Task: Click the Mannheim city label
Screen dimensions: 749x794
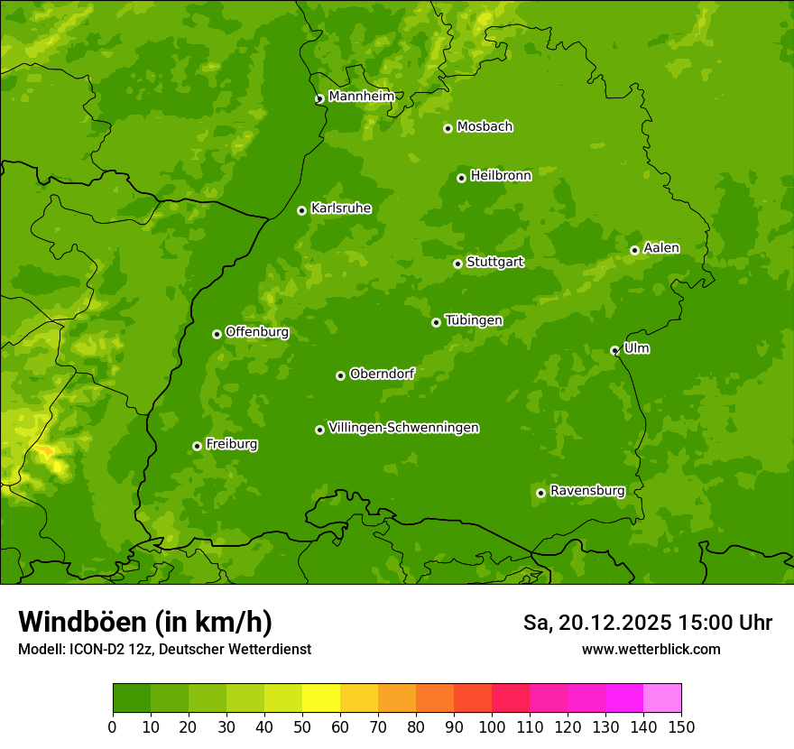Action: [x=361, y=97]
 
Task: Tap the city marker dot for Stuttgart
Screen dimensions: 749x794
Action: [x=457, y=264]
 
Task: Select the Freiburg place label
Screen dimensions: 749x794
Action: [x=231, y=444]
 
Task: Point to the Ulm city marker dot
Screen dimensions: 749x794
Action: [x=614, y=350]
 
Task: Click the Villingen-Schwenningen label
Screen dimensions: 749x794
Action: [x=403, y=428]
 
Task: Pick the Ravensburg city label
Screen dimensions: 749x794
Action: [x=587, y=491]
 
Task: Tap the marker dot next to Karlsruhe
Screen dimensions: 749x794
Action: [x=301, y=210]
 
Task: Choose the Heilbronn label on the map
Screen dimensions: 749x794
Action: [x=501, y=176]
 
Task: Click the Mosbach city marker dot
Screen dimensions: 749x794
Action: [x=448, y=128]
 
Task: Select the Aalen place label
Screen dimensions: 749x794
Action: [x=661, y=248]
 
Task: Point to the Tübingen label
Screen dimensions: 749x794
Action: [x=474, y=320]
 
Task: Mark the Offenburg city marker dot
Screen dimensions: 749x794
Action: [x=217, y=334]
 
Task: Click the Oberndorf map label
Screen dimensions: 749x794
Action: [x=382, y=374]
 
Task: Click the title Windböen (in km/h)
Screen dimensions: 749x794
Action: [x=144, y=622]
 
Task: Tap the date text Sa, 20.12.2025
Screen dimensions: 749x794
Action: [x=596, y=623]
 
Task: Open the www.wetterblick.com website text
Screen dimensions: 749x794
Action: [x=651, y=649]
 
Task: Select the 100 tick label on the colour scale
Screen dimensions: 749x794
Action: [x=492, y=726]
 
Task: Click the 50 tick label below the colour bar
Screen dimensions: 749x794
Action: [x=302, y=726]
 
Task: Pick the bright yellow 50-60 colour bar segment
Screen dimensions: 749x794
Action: [x=321, y=698]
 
